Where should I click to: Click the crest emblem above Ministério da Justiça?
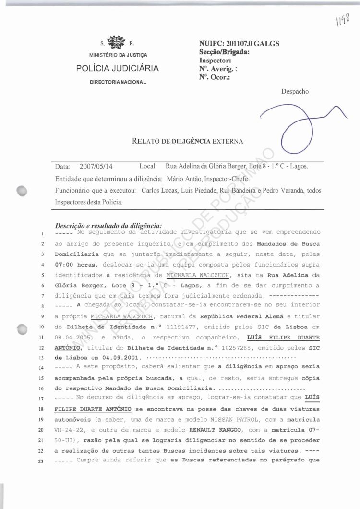[x=118, y=43]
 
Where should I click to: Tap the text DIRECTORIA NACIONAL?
[x=118, y=82]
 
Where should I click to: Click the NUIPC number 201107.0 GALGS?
[x=239, y=44]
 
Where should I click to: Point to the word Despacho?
[x=295, y=91]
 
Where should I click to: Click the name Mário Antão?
[x=182, y=178]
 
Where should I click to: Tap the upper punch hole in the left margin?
[x=22, y=190]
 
